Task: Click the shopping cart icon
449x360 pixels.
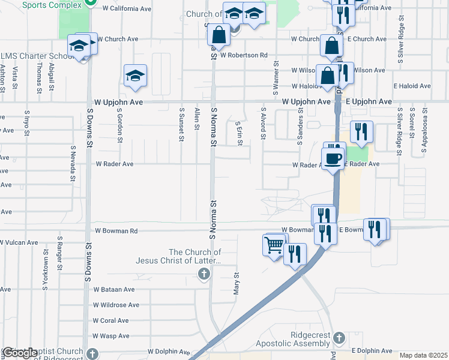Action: point(274,245)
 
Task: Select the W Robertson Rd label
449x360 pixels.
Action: point(244,55)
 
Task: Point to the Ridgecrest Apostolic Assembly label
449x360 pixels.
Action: point(292,339)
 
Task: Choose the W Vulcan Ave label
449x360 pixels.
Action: point(19,243)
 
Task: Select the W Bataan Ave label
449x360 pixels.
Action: point(113,289)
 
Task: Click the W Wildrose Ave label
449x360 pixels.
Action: point(116,305)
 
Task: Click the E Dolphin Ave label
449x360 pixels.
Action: point(372,350)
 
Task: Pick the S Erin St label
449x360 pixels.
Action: point(239,128)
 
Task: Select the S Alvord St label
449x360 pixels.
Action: point(263,124)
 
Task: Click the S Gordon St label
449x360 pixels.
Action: point(120,125)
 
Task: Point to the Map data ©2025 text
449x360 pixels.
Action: point(423,355)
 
